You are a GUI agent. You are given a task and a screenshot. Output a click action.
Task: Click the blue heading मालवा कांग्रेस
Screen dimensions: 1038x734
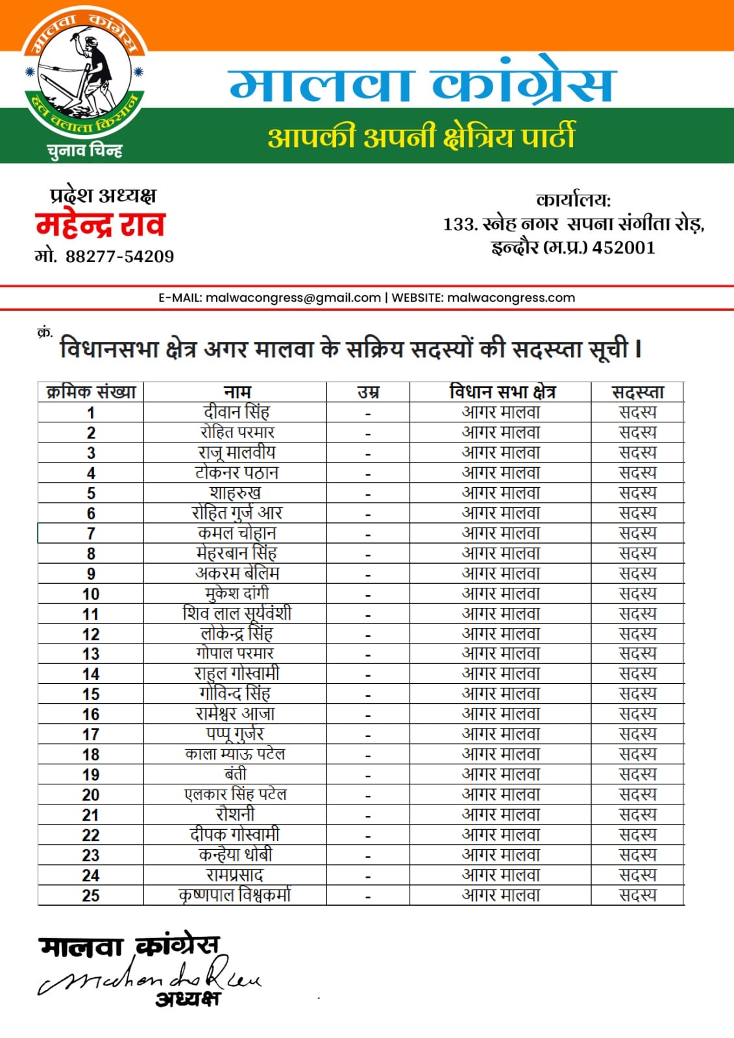(421, 85)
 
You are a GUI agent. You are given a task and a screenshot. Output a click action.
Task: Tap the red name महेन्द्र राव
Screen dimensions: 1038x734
(100, 225)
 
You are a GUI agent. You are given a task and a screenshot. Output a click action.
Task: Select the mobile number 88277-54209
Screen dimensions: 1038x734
(119, 256)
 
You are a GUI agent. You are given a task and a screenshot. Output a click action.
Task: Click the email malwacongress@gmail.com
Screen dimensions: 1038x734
(293, 298)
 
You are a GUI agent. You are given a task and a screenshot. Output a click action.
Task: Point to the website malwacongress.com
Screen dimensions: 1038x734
(511, 298)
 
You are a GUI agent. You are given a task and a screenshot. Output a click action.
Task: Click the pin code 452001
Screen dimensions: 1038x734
(624, 248)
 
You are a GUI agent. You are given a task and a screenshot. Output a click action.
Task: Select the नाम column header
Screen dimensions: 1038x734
(236, 392)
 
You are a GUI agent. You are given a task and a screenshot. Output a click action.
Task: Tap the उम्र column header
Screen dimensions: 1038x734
(368, 392)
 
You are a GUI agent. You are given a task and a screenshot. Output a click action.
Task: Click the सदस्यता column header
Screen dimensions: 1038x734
(637, 392)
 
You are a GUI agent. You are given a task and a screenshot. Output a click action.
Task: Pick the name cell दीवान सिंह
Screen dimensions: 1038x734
(236, 412)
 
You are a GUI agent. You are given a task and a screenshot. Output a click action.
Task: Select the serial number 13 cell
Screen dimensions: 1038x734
(91, 654)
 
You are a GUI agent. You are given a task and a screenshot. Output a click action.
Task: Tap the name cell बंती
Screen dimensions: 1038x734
(235, 774)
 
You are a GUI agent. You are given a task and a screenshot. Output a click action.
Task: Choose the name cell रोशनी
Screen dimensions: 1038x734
(235, 814)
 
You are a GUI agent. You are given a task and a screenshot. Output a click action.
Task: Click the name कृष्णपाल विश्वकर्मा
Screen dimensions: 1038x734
(235, 895)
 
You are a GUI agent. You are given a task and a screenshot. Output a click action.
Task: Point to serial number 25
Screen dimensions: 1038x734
(91, 895)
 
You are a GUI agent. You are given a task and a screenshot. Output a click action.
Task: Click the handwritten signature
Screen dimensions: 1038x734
(149, 976)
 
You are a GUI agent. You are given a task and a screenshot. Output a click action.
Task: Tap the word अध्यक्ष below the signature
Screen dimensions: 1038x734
(187, 1000)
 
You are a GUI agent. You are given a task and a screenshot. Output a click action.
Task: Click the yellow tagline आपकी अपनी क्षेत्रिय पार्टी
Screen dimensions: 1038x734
(421, 138)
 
